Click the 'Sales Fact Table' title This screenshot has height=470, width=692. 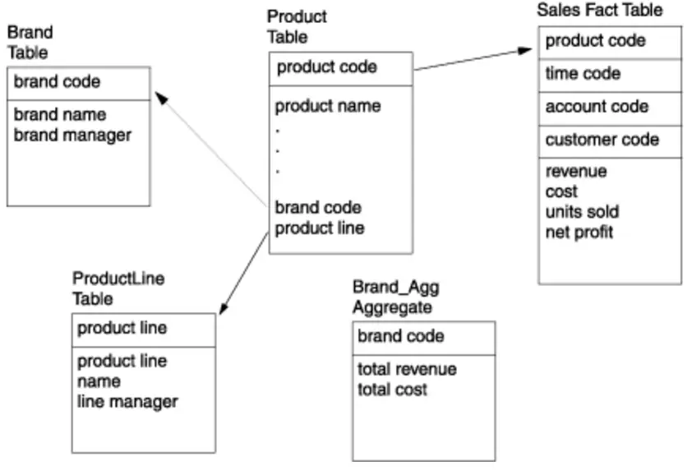pyautogui.click(x=599, y=11)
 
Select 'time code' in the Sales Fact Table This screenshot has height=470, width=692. pyautogui.click(x=583, y=74)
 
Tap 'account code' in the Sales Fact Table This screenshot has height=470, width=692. pyautogui.click(x=597, y=107)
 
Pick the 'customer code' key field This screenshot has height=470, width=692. pyautogui.click(x=602, y=140)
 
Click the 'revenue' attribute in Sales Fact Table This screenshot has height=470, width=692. pyautogui.click(x=576, y=172)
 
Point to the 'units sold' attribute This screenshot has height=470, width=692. pyautogui.click(x=582, y=212)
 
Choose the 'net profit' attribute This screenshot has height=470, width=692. pyautogui.click(x=579, y=233)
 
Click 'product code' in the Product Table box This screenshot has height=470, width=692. pyautogui.click(x=326, y=67)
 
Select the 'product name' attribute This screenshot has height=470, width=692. pyautogui.click(x=327, y=106)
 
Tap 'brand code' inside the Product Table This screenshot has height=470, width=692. pyautogui.click(x=317, y=208)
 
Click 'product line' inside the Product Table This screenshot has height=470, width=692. pyautogui.click(x=319, y=228)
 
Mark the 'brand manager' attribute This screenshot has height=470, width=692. pyautogui.click(x=72, y=135)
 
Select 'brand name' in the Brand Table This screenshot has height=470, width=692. pyautogui.click(x=60, y=115)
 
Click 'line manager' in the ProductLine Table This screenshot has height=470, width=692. pyautogui.click(x=127, y=401)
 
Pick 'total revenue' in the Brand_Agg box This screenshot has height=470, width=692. pyautogui.click(x=407, y=369)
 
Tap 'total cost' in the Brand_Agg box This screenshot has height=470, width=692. pyautogui.click(x=392, y=389)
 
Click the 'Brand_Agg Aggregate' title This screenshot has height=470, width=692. pyautogui.click(x=396, y=297)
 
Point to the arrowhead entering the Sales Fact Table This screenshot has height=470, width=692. pyautogui.click(x=530, y=51)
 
